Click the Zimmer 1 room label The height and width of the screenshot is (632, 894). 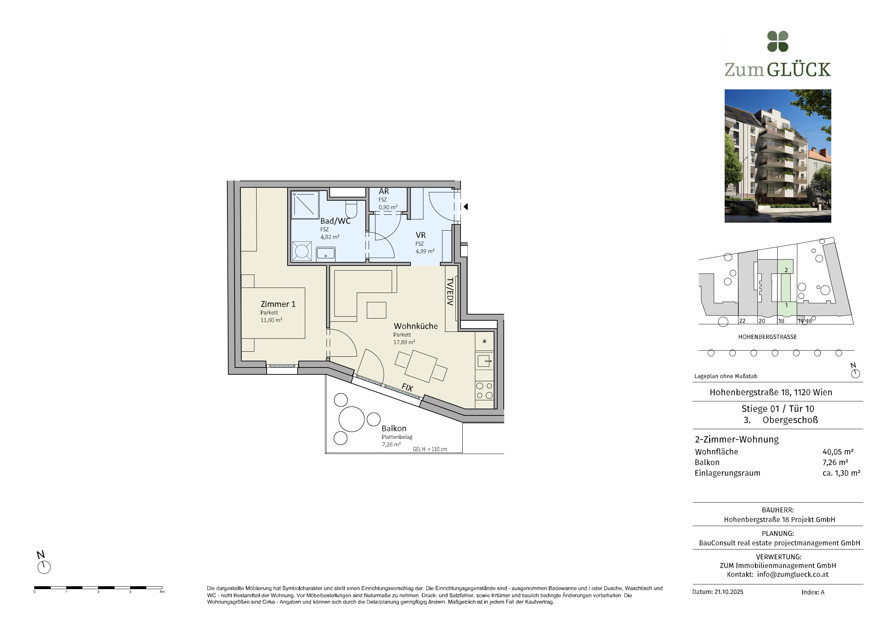tap(278, 304)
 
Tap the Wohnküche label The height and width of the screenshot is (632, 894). tap(415, 326)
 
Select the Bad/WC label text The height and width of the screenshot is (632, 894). tap(335, 221)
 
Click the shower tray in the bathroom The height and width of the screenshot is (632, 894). tap(305, 205)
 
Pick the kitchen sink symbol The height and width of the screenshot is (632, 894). tap(484, 361)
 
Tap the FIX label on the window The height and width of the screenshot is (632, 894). tap(407, 387)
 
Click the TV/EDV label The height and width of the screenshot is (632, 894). tap(450, 291)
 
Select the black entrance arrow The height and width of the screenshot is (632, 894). tap(465, 207)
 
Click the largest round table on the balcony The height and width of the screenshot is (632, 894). tap(352, 419)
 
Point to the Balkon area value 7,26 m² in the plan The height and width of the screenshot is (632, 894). tap(391, 444)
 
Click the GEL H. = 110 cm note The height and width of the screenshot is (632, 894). tap(430, 449)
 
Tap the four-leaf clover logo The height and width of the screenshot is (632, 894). tap(778, 41)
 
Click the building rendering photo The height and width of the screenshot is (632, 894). tap(778, 156)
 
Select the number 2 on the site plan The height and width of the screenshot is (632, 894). tap(786, 270)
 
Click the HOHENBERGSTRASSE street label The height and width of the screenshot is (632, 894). tap(768, 337)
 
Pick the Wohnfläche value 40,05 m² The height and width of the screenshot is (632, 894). tap(838, 452)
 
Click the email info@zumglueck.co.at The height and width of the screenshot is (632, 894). tap(793, 574)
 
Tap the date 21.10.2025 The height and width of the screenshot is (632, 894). tap(729, 592)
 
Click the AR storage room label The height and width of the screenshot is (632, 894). tap(383, 191)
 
